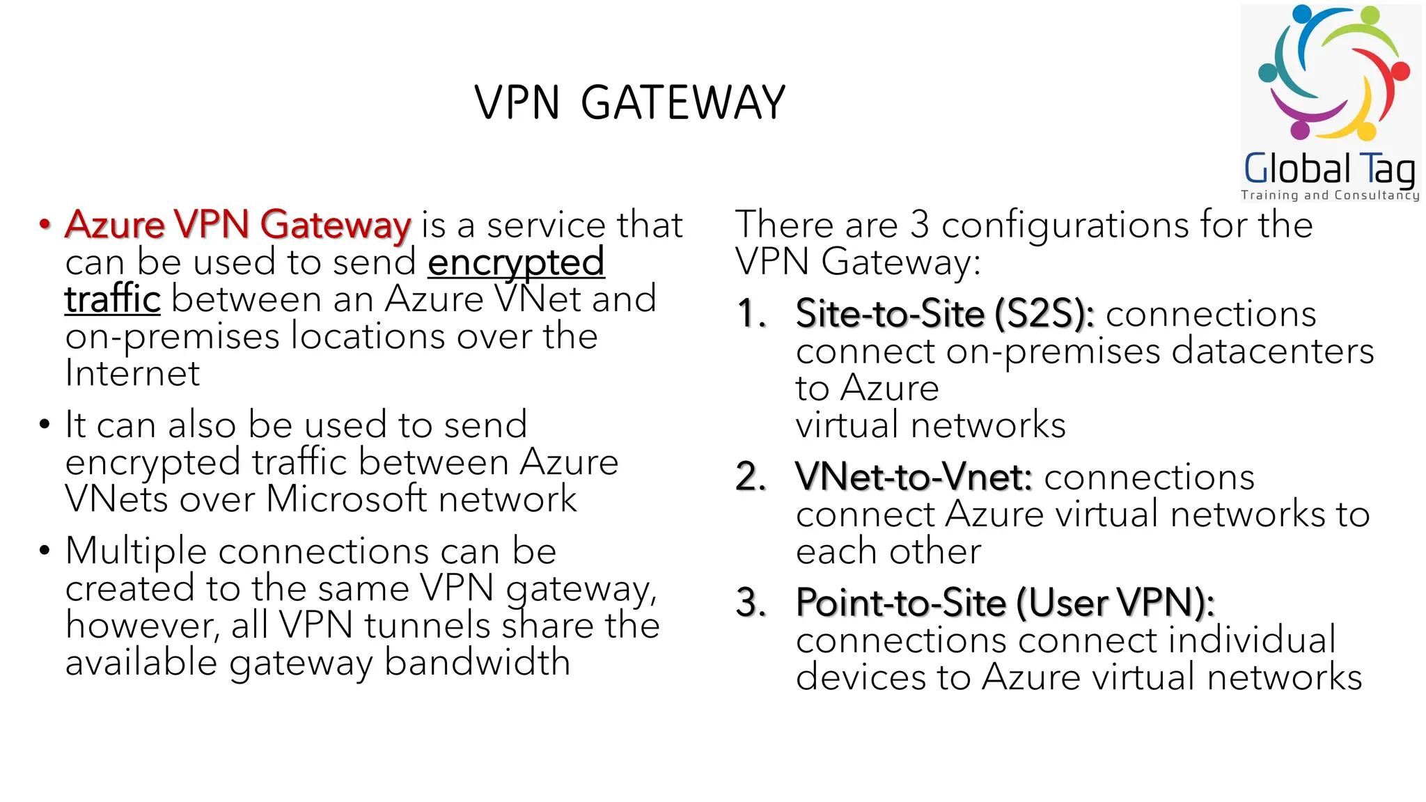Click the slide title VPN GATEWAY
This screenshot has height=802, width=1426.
pyautogui.click(x=629, y=103)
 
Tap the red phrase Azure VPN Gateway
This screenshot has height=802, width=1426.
pyautogui.click(x=237, y=225)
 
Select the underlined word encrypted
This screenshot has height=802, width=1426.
pyautogui.click(x=516, y=262)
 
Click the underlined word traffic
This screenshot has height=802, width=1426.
pyautogui.click(x=113, y=299)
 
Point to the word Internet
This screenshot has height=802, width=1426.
pyautogui.click(x=132, y=374)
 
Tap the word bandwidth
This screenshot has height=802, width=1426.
pyautogui.click(x=477, y=662)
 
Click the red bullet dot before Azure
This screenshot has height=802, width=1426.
pyautogui.click(x=45, y=225)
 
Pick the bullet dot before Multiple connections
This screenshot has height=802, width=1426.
pyautogui.click(x=45, y=551)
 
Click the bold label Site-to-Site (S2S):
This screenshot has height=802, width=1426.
pyautogui.click(x=945, y=314)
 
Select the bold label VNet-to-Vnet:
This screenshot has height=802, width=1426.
pyautogui.click(x=914, y=478)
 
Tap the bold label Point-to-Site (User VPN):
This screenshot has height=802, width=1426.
pyautogui.click(x=1005, y=603)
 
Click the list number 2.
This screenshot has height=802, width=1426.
pyautogui.click(x=751, y=478)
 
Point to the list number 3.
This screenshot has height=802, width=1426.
pyautogui.click(x=751, y=603)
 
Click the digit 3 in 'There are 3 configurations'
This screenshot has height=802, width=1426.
pyautogui.click(x=920, y=225)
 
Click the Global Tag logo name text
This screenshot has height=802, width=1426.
pyautogui.click(x=1329, y=169)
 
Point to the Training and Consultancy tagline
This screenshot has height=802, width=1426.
pyautogui.click(x=1329, y=196)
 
